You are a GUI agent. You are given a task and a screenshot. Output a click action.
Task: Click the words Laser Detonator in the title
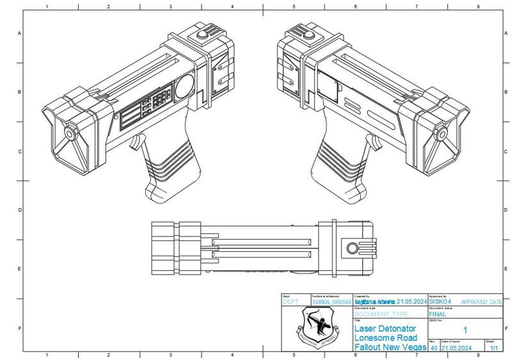pos(385,328)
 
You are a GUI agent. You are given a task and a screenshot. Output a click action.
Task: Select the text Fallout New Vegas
pos(390,347)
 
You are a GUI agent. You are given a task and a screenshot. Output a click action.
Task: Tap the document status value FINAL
pos(438,315)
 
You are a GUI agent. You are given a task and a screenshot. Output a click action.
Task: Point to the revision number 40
pos(433,348)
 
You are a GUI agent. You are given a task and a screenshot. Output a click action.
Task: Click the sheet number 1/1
pos(493,348)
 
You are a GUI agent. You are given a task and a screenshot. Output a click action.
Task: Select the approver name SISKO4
pos(440,301)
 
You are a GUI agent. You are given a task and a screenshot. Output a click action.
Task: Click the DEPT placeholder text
pos(291,302)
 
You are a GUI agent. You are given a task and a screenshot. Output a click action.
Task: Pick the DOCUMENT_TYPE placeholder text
pos(381,315)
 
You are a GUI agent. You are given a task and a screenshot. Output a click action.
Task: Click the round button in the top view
pos(353,249)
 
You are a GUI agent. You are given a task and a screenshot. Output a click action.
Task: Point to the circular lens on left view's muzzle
pos(68,135)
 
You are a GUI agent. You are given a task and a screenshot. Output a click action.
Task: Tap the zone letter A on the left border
pos(19,33)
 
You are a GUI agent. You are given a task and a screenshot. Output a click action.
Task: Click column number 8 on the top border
pos(478,7)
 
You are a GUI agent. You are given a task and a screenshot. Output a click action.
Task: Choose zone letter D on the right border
pos(506,210)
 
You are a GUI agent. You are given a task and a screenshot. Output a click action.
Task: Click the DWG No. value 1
pos(465,331)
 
